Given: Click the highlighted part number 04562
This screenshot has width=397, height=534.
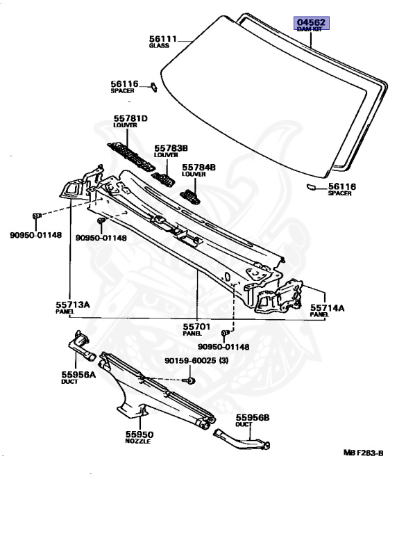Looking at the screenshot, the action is tap(311, 22).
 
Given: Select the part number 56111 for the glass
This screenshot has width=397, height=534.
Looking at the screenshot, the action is tap(163, 39).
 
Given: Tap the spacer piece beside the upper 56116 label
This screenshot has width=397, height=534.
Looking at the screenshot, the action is tap(154, 87).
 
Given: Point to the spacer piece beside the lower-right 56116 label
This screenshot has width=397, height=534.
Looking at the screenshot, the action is tap(311, 186).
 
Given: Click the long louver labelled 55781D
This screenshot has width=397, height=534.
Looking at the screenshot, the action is tap(131, 156).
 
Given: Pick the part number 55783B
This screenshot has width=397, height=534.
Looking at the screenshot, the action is tap(171, 149).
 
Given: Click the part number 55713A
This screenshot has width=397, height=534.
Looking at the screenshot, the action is tap(73, 305).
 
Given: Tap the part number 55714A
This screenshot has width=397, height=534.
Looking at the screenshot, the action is tap(327, 308).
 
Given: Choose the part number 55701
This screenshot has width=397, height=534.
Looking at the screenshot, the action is tap(197, 327).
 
